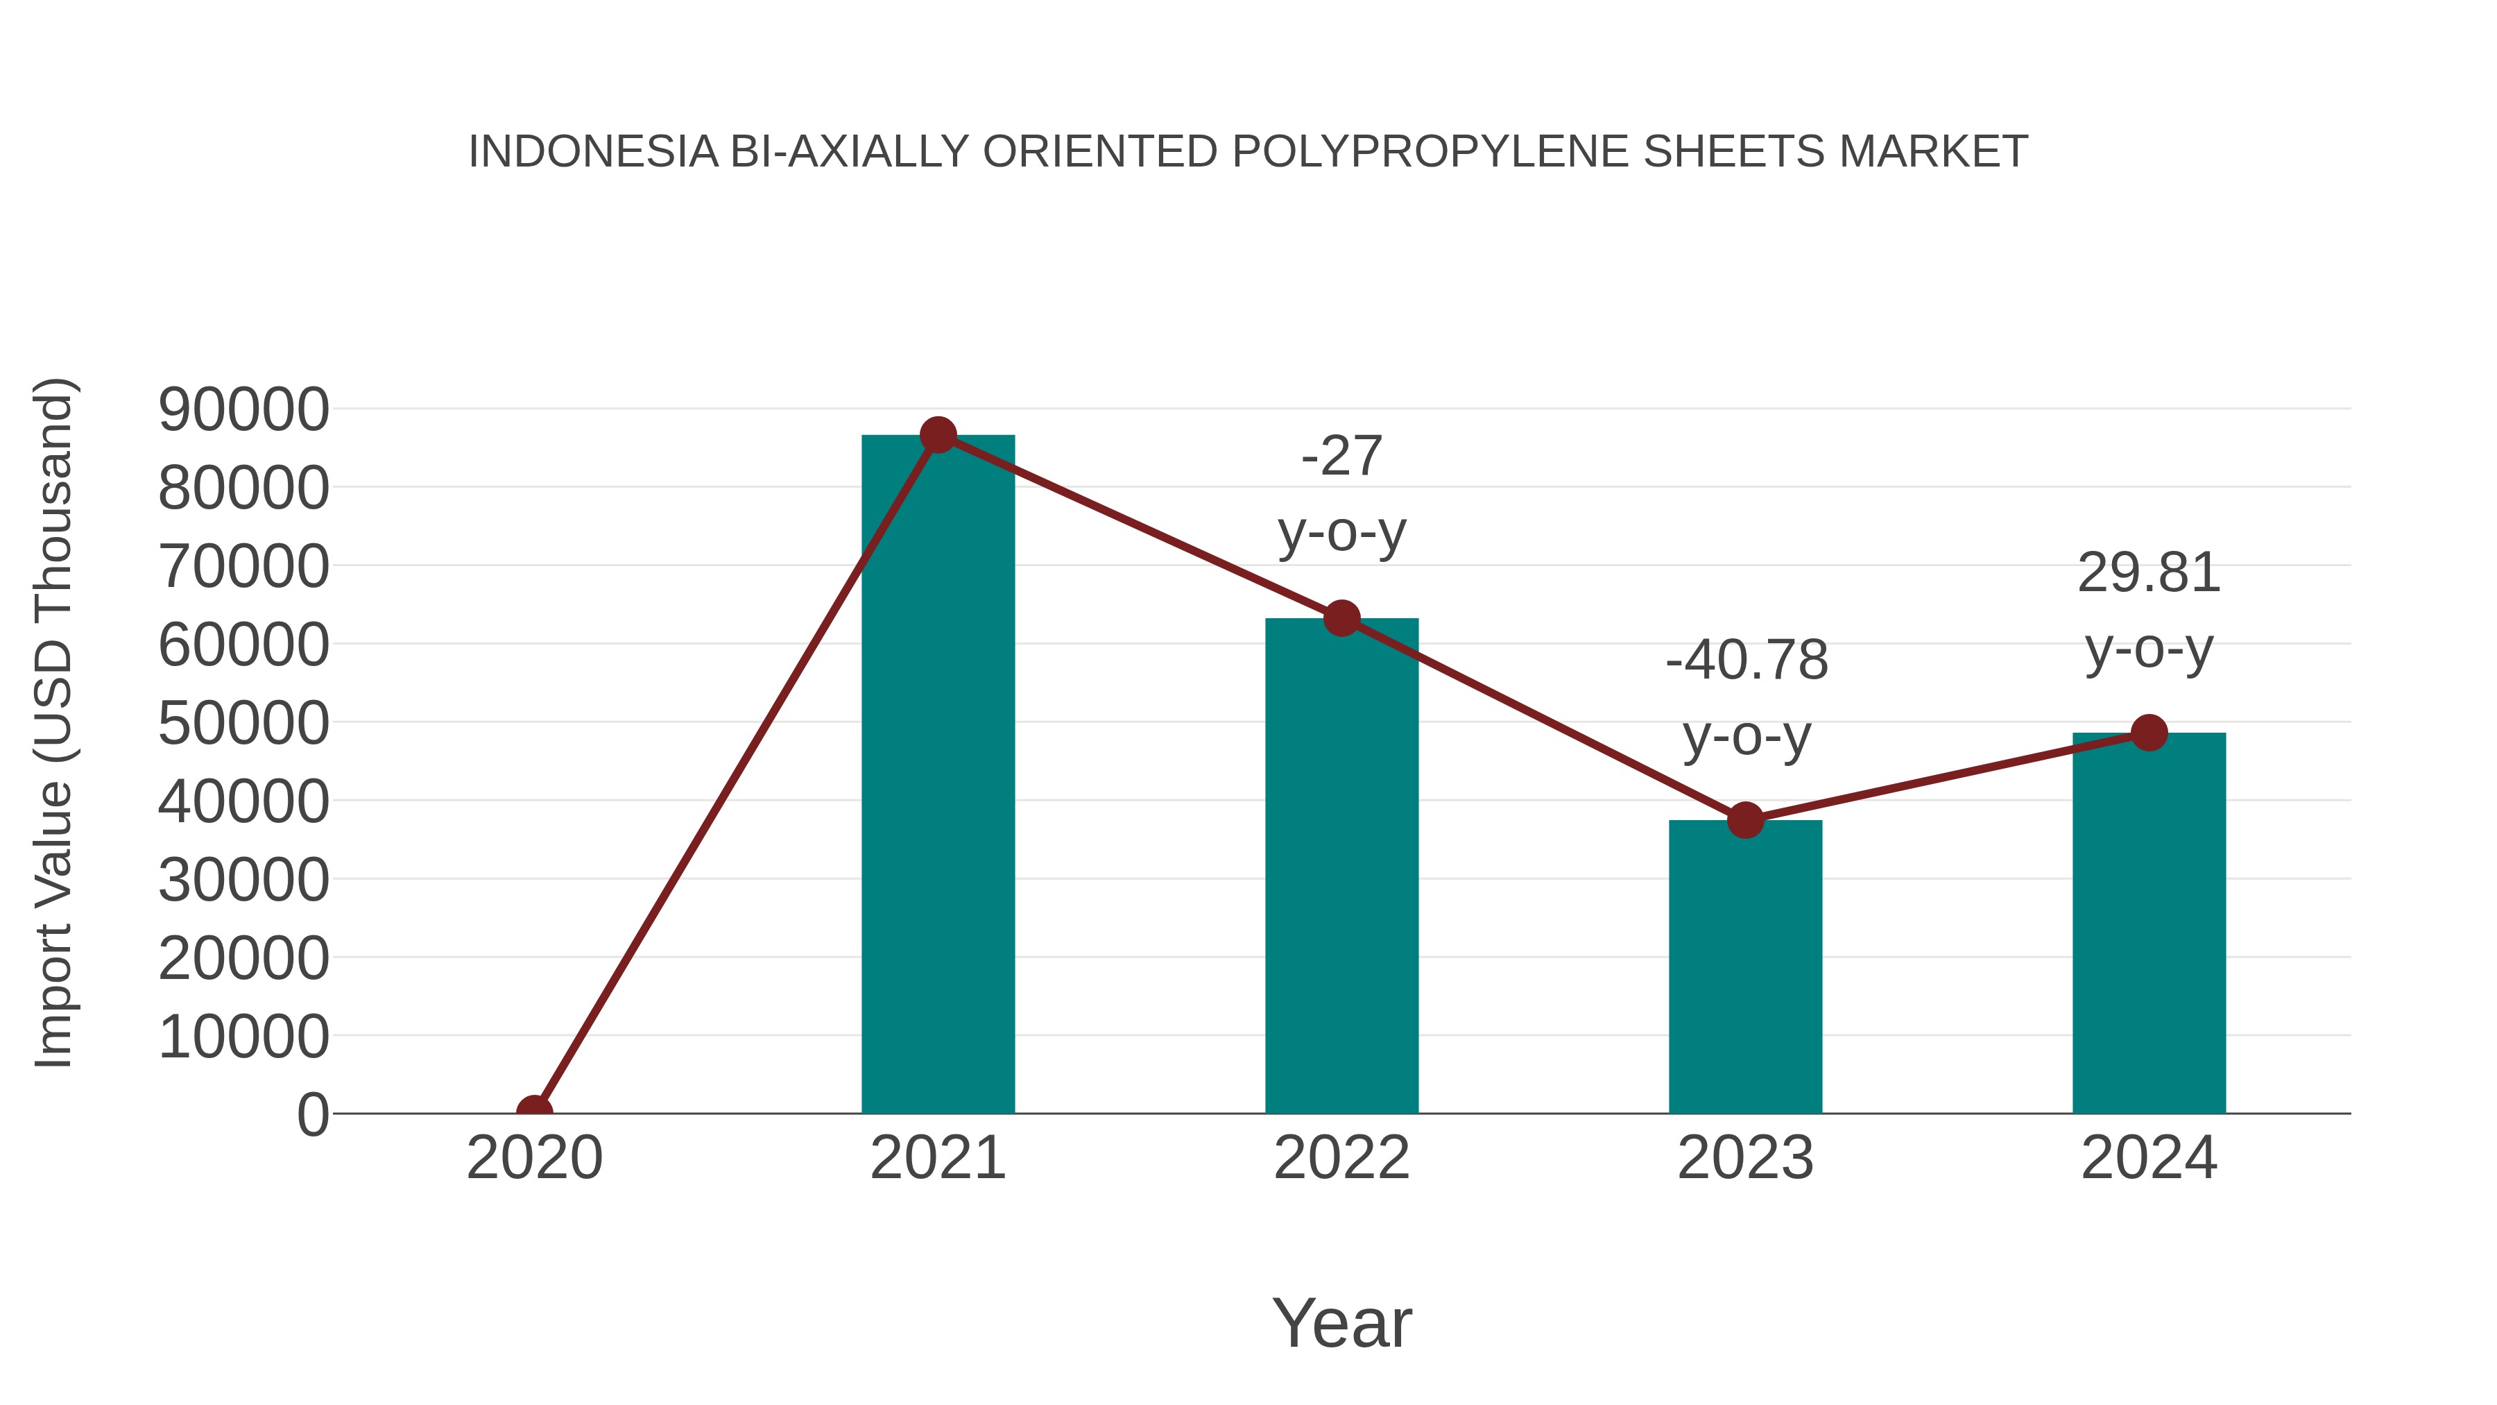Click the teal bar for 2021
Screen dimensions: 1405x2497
pyautogui.click(x=937, y=776)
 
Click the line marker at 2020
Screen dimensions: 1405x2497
pyautogui.click(x=534, y=1112)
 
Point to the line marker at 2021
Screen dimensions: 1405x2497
pyautogui.click(x=937, y=435)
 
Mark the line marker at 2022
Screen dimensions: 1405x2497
pyautogui.click(x=1341, y=618)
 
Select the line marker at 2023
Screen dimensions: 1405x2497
pyautogui.click(x=1745, y=820)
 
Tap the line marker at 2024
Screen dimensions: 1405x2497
pyautogui.click(x=2149, y=733)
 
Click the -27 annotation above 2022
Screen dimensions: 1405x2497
pyautogui.click(x=1341, y=456)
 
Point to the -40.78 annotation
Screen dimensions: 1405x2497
pyautogui.click(x=1746, y=661)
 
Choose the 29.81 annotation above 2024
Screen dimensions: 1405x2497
pyautogui.click(x=2148, y=573)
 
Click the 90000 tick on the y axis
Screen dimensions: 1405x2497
pyautogui.click(x=243, y=409)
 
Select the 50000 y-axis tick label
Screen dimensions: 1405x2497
pyautogui.click(x=243, y=724)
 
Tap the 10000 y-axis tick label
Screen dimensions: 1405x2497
pyautogui.click(x=243, y=1037)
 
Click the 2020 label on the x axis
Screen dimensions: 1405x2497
pyautogui.click(x=534, y=1158)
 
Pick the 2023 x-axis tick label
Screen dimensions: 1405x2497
pyautogui.click(x=1745, y=1158)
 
